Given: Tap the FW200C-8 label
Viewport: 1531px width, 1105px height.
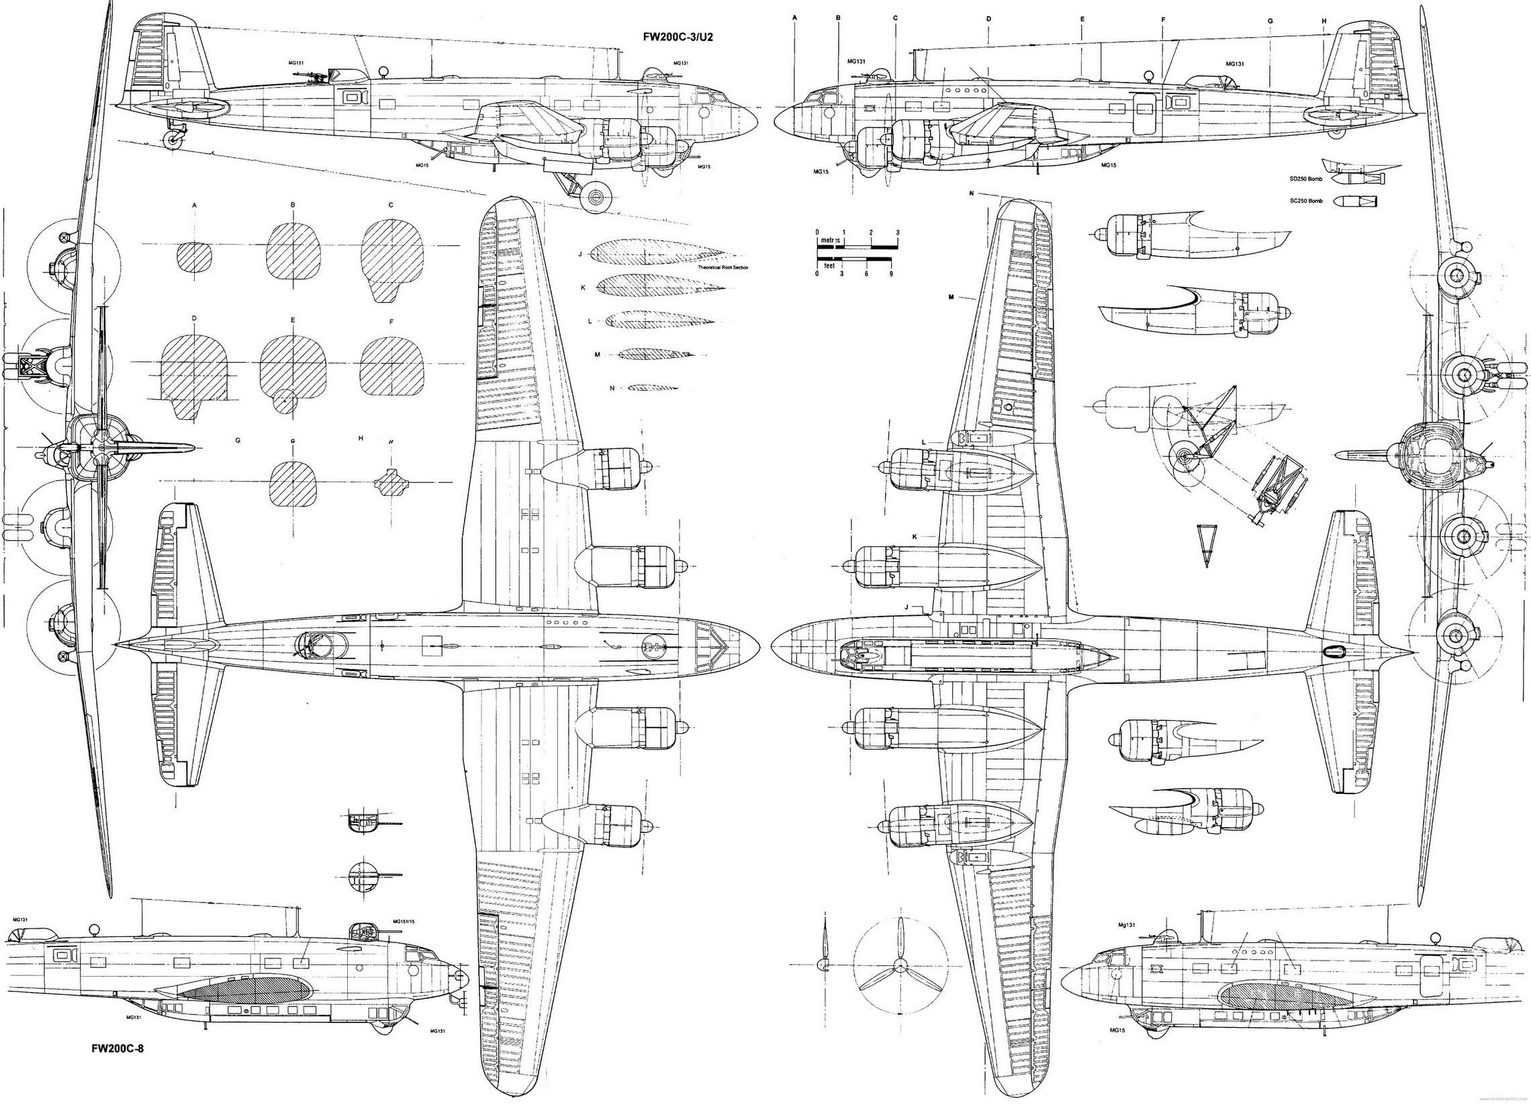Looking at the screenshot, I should pos(118,1067).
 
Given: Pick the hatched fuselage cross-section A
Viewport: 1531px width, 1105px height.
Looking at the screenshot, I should pos(195,257).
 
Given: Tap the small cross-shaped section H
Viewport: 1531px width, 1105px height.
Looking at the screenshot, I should pos(391,482).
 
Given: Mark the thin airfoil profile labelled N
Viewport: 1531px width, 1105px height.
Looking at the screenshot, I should pos(651,388).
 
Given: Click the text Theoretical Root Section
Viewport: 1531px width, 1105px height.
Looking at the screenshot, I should pos(723,267).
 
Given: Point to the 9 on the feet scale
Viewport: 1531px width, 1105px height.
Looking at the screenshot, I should pos(891,273).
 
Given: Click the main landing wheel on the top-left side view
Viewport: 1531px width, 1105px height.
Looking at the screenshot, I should pos(596,197).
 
